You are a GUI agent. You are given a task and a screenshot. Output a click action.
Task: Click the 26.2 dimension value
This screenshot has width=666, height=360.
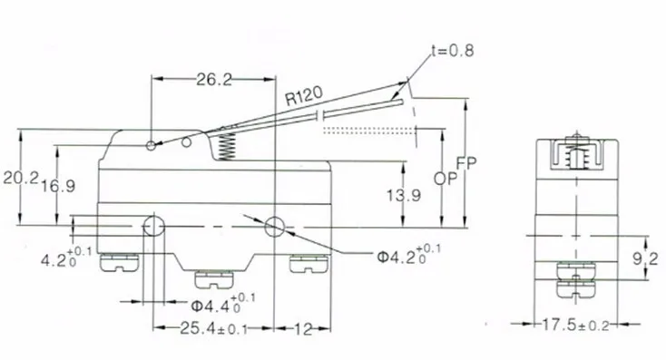click(214, 80)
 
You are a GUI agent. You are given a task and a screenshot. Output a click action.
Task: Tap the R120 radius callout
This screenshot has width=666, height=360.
click(303, 95)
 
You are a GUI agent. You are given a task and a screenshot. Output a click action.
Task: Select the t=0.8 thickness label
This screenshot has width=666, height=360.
click(452, 51)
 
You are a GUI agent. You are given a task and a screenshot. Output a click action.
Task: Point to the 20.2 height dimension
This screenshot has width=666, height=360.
click(21, 178)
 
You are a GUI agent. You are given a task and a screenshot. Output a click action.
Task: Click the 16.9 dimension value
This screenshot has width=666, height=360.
click(58, 186)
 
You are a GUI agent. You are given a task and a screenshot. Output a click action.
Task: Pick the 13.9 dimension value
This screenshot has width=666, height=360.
click(404, 195)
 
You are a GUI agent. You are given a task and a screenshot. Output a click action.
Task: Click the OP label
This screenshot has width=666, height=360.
click(445, 179)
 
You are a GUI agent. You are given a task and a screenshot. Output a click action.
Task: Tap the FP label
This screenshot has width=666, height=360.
click(466, 163)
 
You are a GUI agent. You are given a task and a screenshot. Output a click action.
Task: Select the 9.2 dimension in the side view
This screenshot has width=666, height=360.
click(646, 258)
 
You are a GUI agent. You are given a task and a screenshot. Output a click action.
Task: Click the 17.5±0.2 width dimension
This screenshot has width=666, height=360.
click(575, 326)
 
